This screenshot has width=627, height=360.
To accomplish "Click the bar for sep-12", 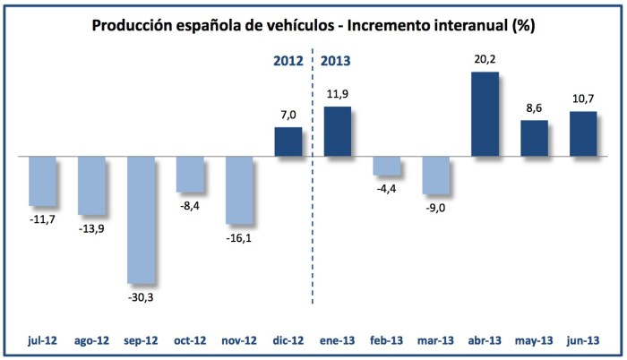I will pyautogui.click(x=142, y=219).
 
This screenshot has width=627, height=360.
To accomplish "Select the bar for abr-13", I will pyautogui.click(x=485, y=114).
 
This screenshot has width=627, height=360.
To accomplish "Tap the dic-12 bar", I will pyautogui.click(x=288, y=141).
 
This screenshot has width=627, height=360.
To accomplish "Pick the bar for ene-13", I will pyautogui.click(x=337, y=132).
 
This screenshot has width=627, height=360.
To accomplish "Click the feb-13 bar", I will pyautogui.click(x=387, y=166).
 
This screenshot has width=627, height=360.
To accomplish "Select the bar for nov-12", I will pyautogui.click(x=239, y=190).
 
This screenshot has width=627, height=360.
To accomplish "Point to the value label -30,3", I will pyautogui.click(x=142, y=296).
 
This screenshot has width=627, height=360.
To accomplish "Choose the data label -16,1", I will pyautogui.click(x=239, y=237).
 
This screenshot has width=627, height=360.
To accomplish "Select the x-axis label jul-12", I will pyautogui.click(x=43, y=341).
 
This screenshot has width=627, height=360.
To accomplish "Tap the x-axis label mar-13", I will pyautogui.click(x=435, y=341).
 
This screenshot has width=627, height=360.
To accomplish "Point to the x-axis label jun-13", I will pyautogui.click(x=583, y=341).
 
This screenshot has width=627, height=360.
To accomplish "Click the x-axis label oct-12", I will pyautogui.click(x=190, y=341).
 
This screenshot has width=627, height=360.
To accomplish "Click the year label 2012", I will pyautogui.click(x=289, y=62).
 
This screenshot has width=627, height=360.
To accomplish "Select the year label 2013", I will pyautogui.click(x=335, y=62).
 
